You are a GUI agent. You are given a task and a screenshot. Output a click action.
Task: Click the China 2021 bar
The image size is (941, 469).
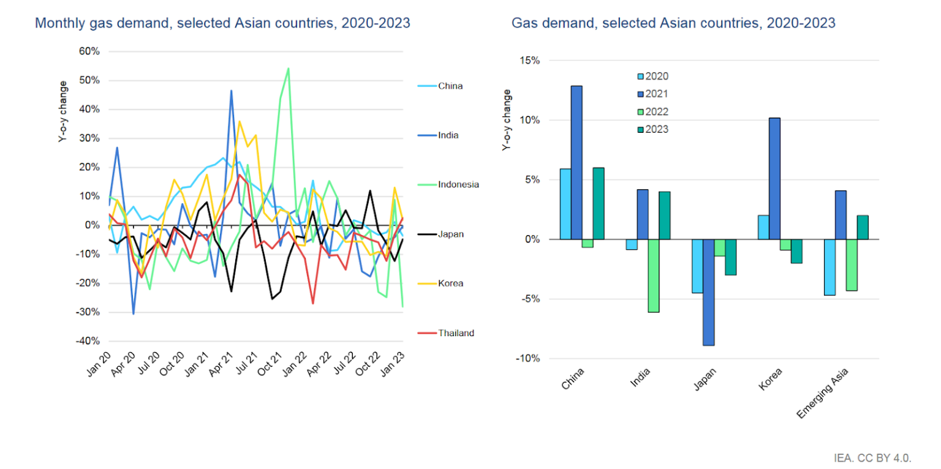click(576, 162)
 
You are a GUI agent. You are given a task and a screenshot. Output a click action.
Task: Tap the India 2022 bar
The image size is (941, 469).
click(654, 276)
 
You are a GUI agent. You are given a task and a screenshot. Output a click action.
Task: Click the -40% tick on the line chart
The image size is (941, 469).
click(88, 340)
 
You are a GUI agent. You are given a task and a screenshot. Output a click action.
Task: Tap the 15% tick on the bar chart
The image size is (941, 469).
click(529, 61)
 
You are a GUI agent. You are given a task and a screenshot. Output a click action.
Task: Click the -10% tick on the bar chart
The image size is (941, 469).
click(527, 358)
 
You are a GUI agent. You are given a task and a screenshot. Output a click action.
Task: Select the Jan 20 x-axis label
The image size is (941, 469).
click(100, 362)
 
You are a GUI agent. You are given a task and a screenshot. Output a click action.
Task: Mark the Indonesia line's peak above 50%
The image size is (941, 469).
click(288, 69)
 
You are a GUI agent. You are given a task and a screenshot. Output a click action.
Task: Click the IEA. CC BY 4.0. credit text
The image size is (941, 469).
click(872, 457)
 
